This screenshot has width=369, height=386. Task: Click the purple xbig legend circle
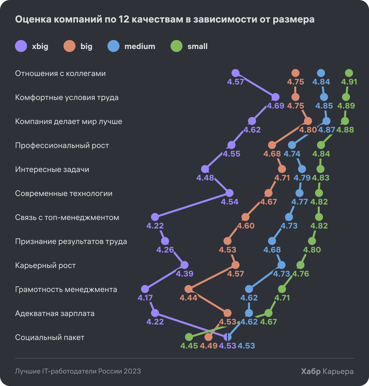pyautogui.click(x=21, y=46)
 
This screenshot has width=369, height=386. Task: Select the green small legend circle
pyautogui.click(x=176, y=46)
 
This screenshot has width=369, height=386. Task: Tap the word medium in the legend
pyautogui.click(x=139, y=46)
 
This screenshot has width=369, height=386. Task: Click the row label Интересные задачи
pyautogui.click(x=52, y=170)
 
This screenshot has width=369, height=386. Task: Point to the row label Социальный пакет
pyautogui.click(x=50, y=337)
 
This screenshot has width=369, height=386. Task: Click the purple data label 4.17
pyautogui.click(x=145, y=298)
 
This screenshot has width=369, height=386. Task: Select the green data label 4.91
pyautogui.click(x=349, y=82)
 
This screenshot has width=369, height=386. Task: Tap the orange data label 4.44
pyautogui.click(x=188, y=298)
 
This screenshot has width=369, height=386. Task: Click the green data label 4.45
pyautogui.click(x=189, y=346)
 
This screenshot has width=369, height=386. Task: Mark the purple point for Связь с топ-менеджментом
pyautogui.click(x=155, y=217)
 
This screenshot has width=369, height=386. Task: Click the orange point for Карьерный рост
pyautogui.click(x=235, y=265)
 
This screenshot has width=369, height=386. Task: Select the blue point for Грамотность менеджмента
pyautogui.click(x=249, y=289)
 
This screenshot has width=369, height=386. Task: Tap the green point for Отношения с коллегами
pyautogui.click(x=349, y=73)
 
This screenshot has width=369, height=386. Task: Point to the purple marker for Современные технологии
pyautogui.click(x=229, y=193)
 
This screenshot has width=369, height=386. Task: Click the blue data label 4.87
pyautogui.click(x=327, y=130)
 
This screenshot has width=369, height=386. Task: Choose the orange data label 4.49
pyautogui.click(x=209, y=346)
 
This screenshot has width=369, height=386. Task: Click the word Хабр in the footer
pyautogui.click(x=310, y=372)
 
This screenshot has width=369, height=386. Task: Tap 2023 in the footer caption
pyautogui.click(x=133, y=371)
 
